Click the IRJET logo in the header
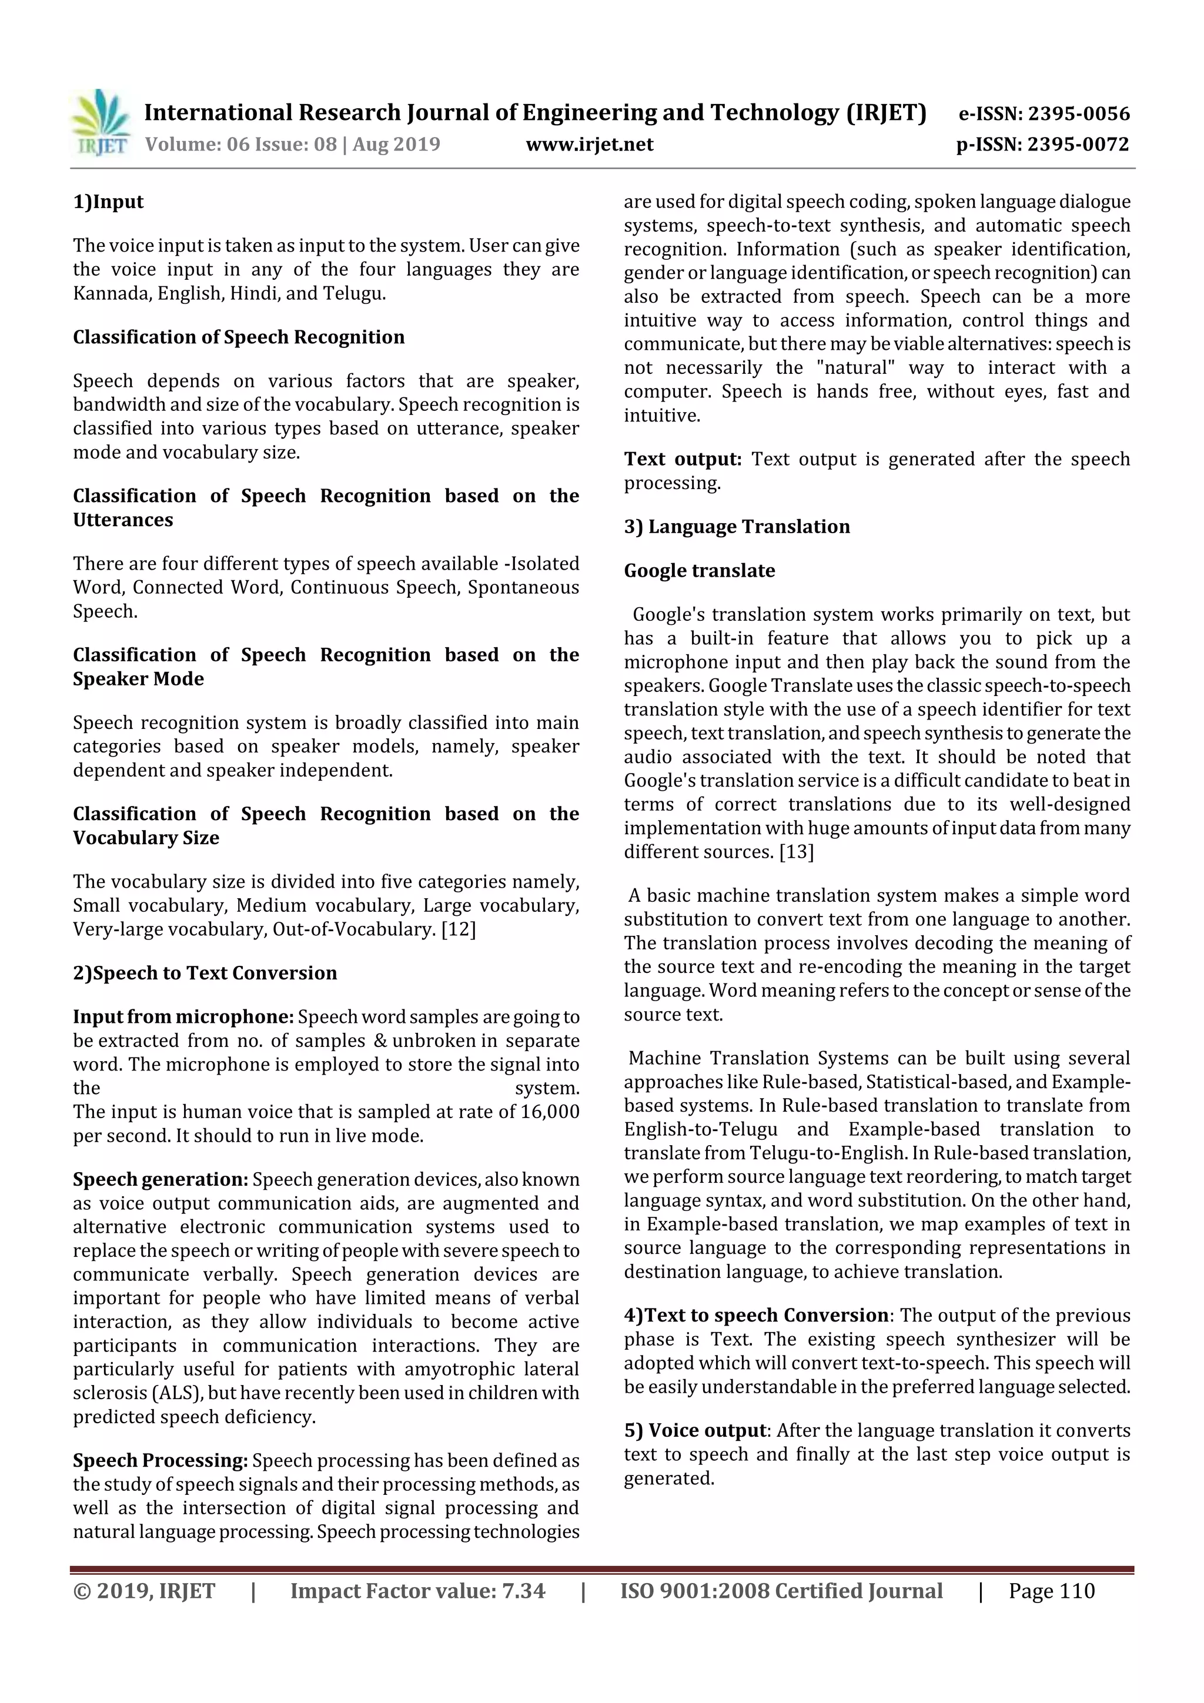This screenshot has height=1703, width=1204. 100,123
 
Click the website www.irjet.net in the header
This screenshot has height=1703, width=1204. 589,144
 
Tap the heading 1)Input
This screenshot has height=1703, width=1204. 108,202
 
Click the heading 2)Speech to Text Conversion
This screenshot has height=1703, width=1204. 205,972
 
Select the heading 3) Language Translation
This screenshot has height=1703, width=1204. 737,527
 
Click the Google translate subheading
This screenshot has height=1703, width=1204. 699,570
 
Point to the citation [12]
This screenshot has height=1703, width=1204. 459,929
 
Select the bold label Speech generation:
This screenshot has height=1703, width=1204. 160,1179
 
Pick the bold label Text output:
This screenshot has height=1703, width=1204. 683,459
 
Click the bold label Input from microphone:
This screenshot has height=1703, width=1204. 183,1016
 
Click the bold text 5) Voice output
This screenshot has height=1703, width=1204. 695,1430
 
